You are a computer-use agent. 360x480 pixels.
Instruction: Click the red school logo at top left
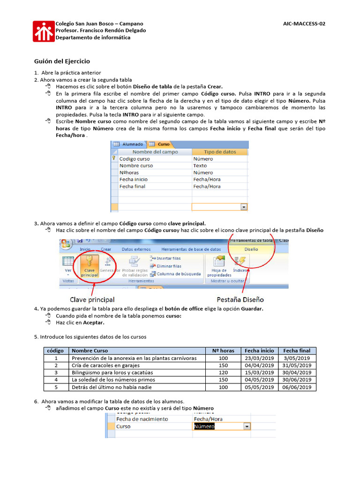44,31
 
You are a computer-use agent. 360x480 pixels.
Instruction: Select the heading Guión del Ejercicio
62,61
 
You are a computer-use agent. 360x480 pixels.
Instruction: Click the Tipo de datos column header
220,152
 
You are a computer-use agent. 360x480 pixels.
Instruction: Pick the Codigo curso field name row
135,159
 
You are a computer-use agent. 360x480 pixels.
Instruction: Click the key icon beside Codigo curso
113,159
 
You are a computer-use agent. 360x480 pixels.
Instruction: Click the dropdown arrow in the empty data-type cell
244,206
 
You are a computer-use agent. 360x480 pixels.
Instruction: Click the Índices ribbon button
240,265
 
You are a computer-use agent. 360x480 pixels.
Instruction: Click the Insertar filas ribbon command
165,258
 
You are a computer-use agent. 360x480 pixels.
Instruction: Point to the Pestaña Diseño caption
240,299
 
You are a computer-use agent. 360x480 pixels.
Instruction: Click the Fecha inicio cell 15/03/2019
259,373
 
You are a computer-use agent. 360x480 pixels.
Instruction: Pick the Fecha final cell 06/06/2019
297,387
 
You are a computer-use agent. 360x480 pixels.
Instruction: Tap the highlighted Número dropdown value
204,427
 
